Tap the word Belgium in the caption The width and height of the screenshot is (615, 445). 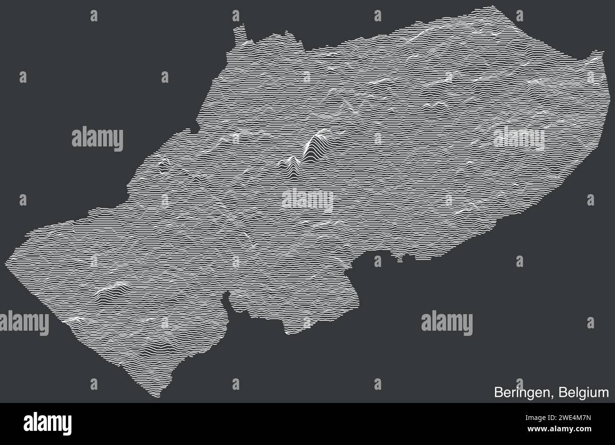[x=583, y=393]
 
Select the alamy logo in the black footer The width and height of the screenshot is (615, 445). [x=47, y=423]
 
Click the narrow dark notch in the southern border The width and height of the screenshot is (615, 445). [x=227, y=297]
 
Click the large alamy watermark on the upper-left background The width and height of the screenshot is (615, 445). [x=97, y=139]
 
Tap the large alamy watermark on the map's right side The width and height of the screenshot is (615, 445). [x=518, y=139]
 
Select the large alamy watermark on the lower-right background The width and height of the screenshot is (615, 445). [x=447, y=323]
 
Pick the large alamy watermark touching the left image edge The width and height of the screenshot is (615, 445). [x=24, y=324]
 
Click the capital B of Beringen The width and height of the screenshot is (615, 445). [x=499, y=393]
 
